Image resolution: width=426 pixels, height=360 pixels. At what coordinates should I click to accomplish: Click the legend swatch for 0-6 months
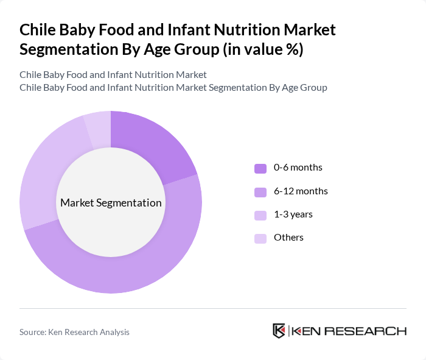260,168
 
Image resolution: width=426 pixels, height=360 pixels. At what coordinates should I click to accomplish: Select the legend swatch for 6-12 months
260,192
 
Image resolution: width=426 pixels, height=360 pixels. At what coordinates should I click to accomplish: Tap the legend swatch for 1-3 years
260,215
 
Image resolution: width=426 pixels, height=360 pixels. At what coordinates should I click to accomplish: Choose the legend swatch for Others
260,238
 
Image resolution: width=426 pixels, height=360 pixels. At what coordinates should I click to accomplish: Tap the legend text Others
288,238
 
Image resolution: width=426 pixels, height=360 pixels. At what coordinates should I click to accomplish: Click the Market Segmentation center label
111,203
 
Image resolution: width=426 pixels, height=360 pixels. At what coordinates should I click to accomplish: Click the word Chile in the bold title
38,30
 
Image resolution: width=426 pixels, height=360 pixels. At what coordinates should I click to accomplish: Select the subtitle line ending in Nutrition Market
113,74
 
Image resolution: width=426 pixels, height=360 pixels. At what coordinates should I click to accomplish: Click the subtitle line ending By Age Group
173,88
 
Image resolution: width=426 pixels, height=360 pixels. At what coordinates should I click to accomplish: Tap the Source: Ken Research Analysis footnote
74,332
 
